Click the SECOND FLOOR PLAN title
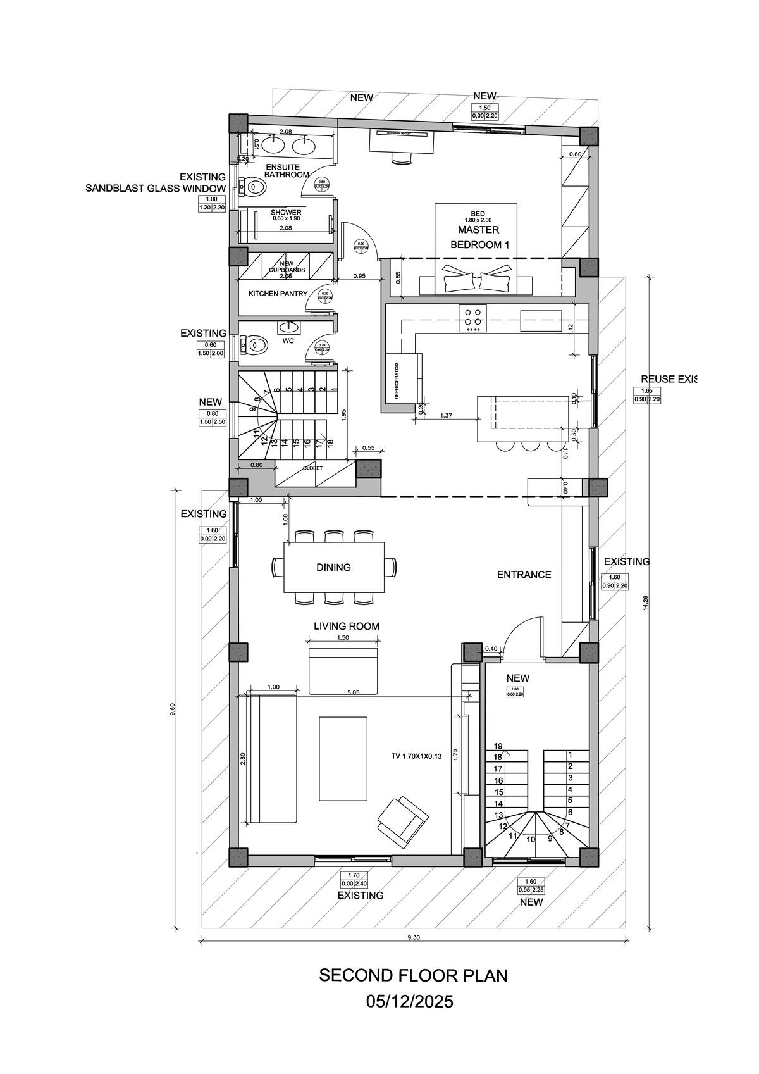[413, 975]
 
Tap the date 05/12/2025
[410, 1002]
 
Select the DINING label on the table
[333, 567]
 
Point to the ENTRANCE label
[524, 575]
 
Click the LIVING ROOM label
[347, 627]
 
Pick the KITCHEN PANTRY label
[278, 294]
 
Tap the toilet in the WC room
[256, 345]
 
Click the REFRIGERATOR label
[397, 380]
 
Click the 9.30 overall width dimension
[414, 937]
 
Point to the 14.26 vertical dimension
[645, 603]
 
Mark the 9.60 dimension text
[173, 709]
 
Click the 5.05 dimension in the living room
[353, 693]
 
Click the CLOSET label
[312, 468]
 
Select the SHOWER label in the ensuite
[286, 213]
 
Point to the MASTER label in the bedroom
[478, 230]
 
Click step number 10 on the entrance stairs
[531, 839]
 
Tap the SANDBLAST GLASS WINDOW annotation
[156, 189]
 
